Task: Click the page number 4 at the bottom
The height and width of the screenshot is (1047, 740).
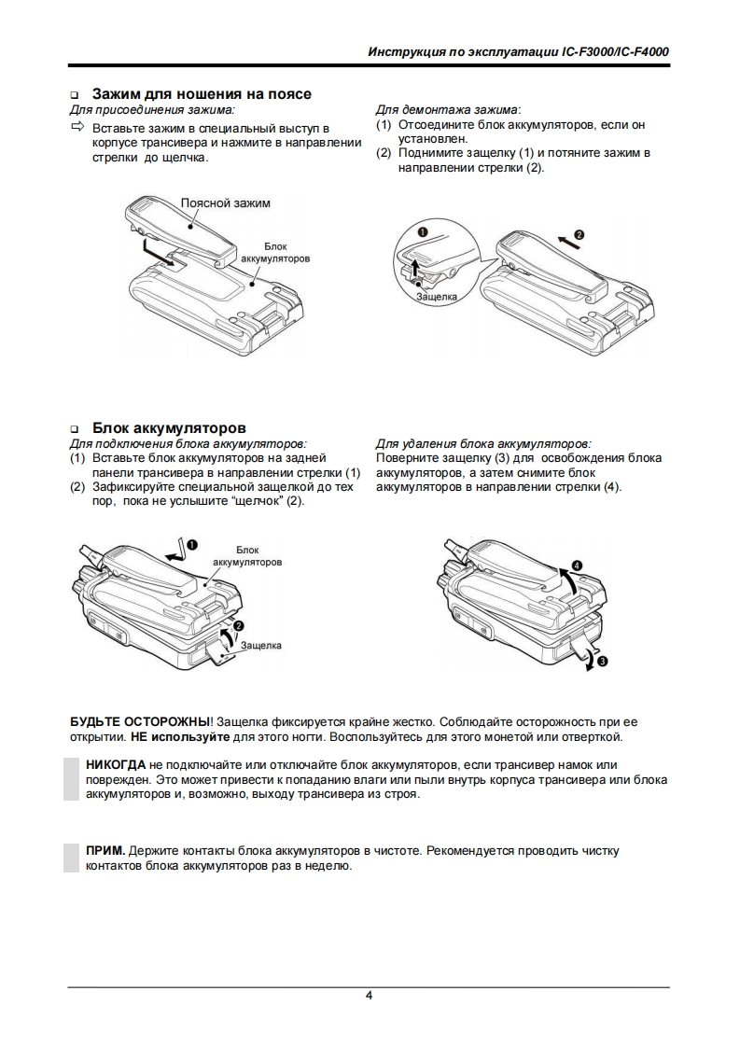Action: (x=370, y=996)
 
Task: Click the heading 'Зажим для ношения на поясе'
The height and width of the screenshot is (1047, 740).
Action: (x=202, y=94)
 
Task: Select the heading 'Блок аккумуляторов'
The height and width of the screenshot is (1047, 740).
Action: (x=169, y=428)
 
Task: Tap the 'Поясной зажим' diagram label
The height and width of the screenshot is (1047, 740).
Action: (x=225, y=202)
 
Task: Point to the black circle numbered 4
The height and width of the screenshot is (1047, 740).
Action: (x=577, y=565)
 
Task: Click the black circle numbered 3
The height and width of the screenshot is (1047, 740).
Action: (x=602, y=662)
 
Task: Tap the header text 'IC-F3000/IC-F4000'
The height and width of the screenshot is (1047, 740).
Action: (x=616, y=52)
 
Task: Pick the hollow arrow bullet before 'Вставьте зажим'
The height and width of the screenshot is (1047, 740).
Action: (x=77, y=126)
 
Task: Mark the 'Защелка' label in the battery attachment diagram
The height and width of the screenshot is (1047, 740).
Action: (x=260, y=645)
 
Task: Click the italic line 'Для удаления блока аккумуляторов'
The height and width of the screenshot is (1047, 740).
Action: (x=482, y=443)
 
